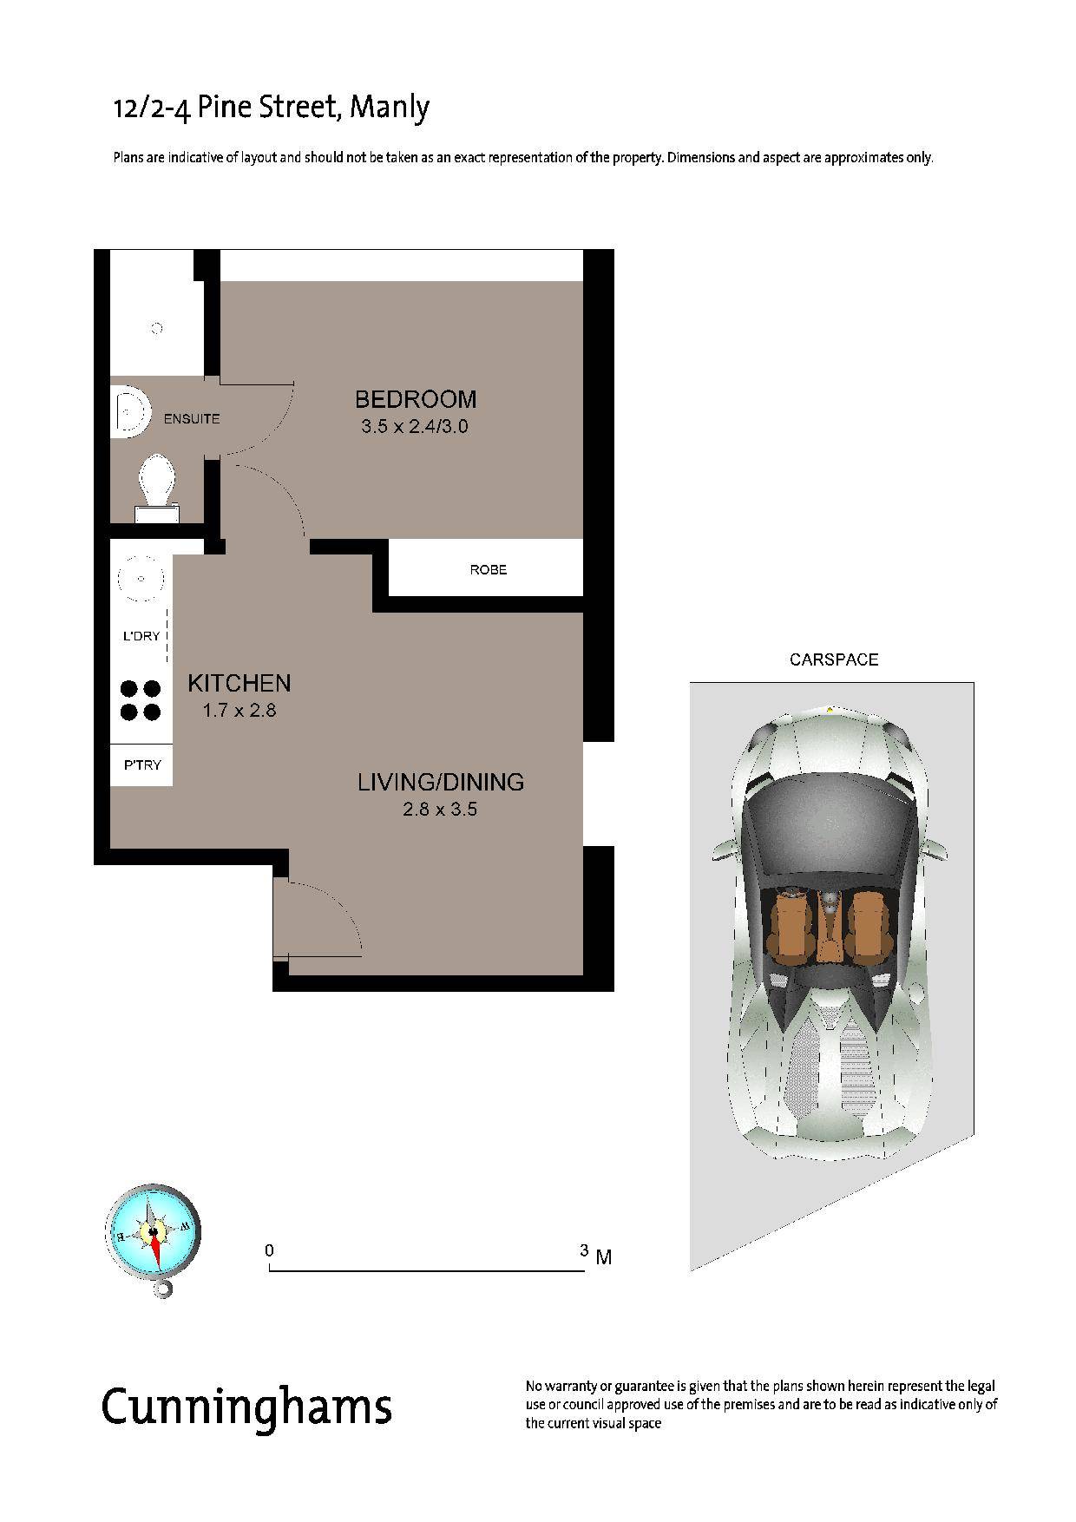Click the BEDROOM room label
(416, 399)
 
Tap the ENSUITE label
(192, 419)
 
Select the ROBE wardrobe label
(489, 570)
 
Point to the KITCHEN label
(239, 683)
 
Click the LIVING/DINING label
(441, 782)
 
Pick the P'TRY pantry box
(141, 765)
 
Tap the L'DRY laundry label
(141, 636)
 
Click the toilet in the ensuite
(157, 488)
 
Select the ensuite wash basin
(130, 411)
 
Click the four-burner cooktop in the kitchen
(141, 700)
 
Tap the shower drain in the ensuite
(157, 328)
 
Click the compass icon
(154, 1237)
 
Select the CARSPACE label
(834, 659)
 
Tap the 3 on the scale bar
(585, 1250)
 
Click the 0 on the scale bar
(270, 1250)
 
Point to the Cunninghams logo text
(247, 1406)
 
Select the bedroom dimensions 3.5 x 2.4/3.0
(416, 427)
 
